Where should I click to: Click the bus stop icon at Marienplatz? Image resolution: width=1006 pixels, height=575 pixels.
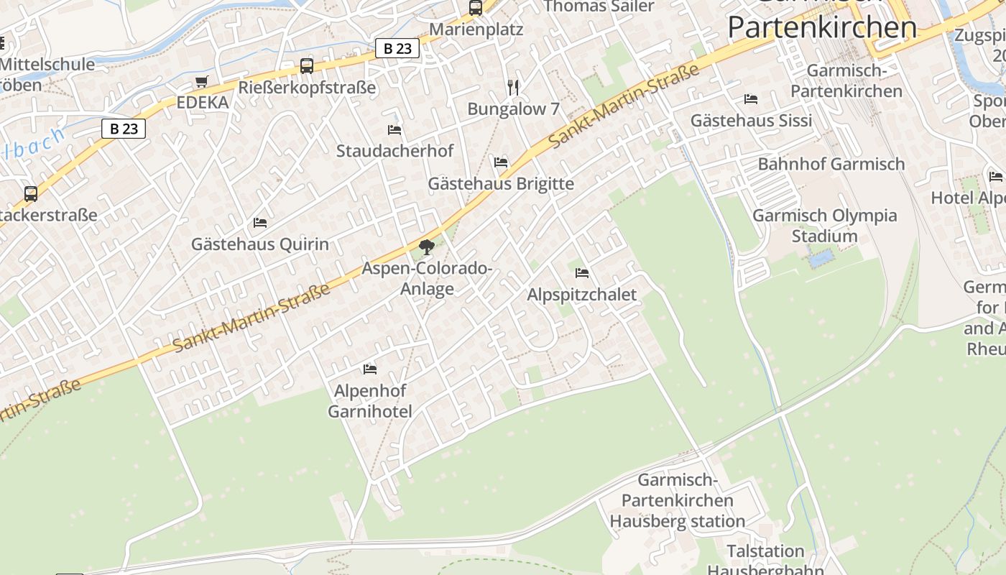click(475, 8)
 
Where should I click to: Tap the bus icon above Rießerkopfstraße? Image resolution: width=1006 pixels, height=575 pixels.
click(307, 66)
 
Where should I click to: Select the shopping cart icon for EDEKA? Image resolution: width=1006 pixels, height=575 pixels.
click(201, 82)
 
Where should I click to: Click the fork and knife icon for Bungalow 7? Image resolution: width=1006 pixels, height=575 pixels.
click(513, 88)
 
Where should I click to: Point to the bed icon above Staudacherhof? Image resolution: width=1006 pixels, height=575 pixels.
click(394, 130)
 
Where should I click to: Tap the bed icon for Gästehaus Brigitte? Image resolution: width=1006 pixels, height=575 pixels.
click(501, 162)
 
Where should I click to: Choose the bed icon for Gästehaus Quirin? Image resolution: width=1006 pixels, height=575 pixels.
click(260, 223)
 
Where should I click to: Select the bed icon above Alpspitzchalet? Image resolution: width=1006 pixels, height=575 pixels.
click(582, 273)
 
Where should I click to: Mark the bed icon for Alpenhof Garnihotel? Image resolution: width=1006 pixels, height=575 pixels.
click(370, 369)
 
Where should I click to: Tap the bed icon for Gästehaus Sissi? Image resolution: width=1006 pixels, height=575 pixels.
click(751, 99)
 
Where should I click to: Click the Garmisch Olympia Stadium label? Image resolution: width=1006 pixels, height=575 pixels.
click(825, 226)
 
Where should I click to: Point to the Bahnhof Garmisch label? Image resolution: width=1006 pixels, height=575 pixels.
click(831, 164)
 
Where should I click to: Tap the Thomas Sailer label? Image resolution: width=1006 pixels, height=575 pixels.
click(599, 6)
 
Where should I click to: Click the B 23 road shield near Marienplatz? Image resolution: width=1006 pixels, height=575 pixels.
click(397, 48)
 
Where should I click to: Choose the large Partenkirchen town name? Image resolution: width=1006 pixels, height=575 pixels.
click(822, 27)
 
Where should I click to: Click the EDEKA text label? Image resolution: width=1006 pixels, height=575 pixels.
click(203, 103)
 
